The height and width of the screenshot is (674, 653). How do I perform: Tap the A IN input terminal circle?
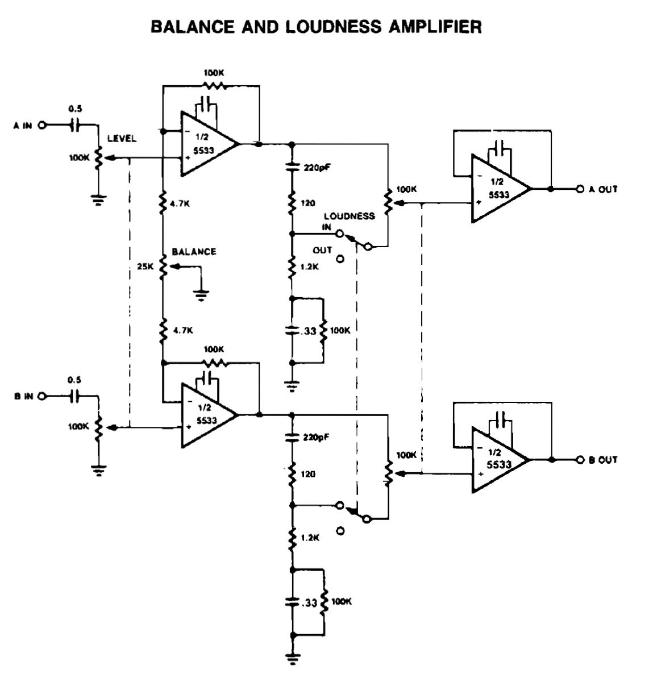click(x=41, y=126)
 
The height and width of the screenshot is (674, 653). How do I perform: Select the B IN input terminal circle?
click(x=41, y=397)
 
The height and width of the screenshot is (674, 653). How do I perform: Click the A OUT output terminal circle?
click(x=580, y=189)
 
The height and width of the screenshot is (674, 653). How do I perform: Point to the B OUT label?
click(x=603, y=460)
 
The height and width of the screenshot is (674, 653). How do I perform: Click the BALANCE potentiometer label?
click(x=194, y=251)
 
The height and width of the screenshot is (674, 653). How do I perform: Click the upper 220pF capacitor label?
click(x=314, y=168)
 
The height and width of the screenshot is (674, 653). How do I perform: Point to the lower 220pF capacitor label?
click(x=314, y=438)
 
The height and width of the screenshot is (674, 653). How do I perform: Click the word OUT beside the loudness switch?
click(x=322, y=250)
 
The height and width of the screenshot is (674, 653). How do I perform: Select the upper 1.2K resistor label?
click(x=309, y=265)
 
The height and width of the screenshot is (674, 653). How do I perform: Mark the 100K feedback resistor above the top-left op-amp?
click(x=214, y=86)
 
